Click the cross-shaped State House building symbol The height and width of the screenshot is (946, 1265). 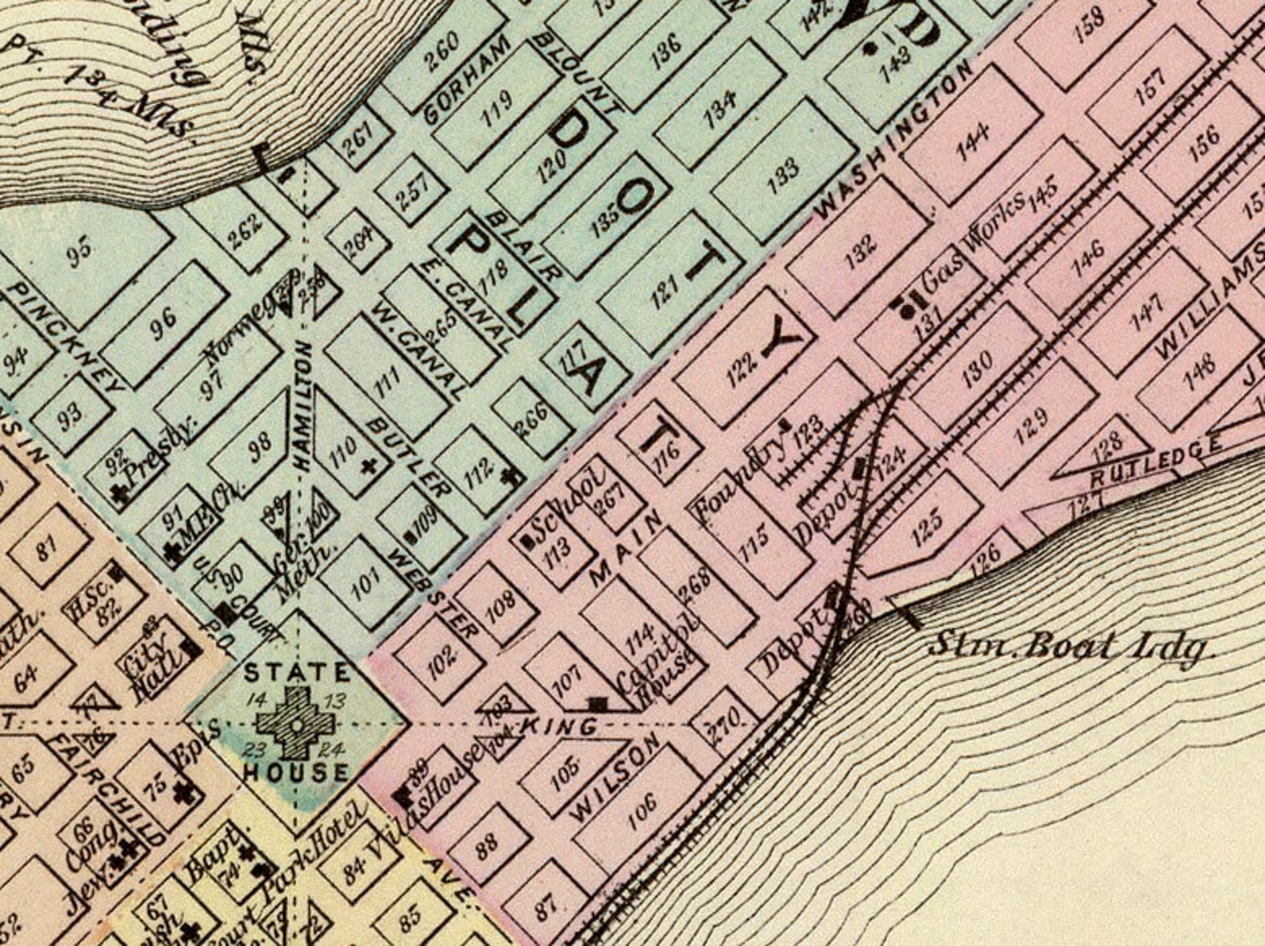295,723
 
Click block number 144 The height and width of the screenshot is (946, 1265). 973,142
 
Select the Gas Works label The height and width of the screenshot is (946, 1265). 973,243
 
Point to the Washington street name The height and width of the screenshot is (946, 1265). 894,140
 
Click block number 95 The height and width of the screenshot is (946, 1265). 78,255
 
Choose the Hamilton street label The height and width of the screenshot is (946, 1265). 304,404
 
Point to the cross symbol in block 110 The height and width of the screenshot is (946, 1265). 368,466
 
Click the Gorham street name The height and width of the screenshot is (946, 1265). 466,79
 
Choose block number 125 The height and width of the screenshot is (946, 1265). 925,522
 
